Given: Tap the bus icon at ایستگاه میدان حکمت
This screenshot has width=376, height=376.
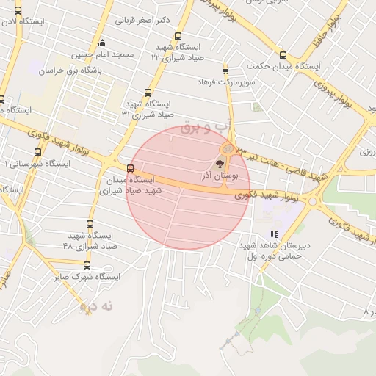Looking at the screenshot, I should coord(283,54).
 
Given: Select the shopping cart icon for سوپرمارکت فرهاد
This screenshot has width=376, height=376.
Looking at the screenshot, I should coord(225,70).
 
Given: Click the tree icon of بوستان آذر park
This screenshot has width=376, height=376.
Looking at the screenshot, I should coord(220,163).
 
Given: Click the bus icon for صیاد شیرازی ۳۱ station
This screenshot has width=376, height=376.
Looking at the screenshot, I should coord(148,93).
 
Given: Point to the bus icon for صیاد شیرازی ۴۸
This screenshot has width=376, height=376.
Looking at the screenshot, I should coord(90,224).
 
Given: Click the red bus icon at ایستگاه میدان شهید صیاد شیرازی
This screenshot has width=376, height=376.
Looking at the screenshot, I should coord(131,168).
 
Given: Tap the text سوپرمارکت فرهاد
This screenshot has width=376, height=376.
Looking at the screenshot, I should coord(225,82).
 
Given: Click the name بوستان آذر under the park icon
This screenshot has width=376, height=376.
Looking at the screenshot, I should coord(220,177).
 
